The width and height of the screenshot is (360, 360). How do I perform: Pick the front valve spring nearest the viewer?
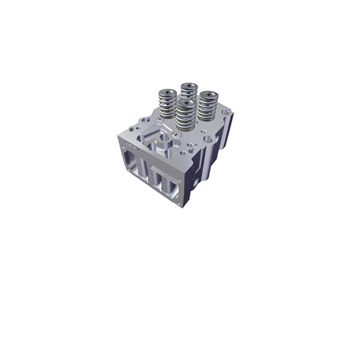[187, 118]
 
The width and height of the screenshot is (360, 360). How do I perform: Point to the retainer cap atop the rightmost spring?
[210, 94]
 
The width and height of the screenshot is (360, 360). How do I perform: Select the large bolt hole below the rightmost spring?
[208, 139]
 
